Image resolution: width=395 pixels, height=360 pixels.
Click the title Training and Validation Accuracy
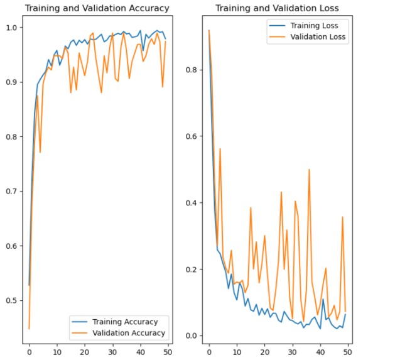(97, 8)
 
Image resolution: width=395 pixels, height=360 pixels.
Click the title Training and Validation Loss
(277, 8)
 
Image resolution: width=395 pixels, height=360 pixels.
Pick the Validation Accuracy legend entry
(123, 333)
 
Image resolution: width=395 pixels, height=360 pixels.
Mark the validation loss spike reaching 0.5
(309, 169)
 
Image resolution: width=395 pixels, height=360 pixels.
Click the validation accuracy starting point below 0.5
(29, 329)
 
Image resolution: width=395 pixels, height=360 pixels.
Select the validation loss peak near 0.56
(220, 149)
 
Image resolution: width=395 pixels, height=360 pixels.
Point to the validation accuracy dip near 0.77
(40, 152)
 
